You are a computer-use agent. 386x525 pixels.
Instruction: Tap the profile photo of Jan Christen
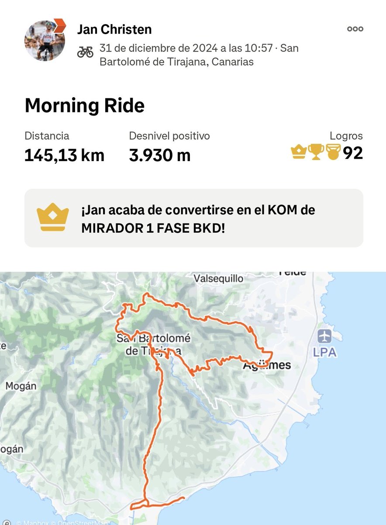44,40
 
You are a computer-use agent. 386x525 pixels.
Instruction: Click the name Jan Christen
114,29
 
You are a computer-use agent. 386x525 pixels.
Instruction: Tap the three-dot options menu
355,29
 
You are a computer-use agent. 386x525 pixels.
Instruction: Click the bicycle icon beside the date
85,52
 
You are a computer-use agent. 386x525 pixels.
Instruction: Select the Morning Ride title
84,106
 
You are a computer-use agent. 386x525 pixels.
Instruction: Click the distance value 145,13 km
64,155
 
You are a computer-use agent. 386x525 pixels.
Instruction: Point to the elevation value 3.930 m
160,155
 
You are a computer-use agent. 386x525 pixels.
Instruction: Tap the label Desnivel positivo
169,136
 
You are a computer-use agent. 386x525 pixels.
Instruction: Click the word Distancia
47,136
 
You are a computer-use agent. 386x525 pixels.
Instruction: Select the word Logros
346,136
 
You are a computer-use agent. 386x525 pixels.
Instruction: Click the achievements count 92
353,153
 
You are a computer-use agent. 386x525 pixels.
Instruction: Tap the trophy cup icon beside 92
316,152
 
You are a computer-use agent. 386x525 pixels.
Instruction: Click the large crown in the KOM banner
53,217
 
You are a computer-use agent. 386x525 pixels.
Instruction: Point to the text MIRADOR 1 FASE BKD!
153,228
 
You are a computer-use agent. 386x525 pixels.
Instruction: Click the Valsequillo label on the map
218,278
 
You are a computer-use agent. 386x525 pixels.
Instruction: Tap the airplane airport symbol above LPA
325,336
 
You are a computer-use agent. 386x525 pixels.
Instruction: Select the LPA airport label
325,352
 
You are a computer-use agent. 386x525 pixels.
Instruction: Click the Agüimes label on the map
267,365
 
